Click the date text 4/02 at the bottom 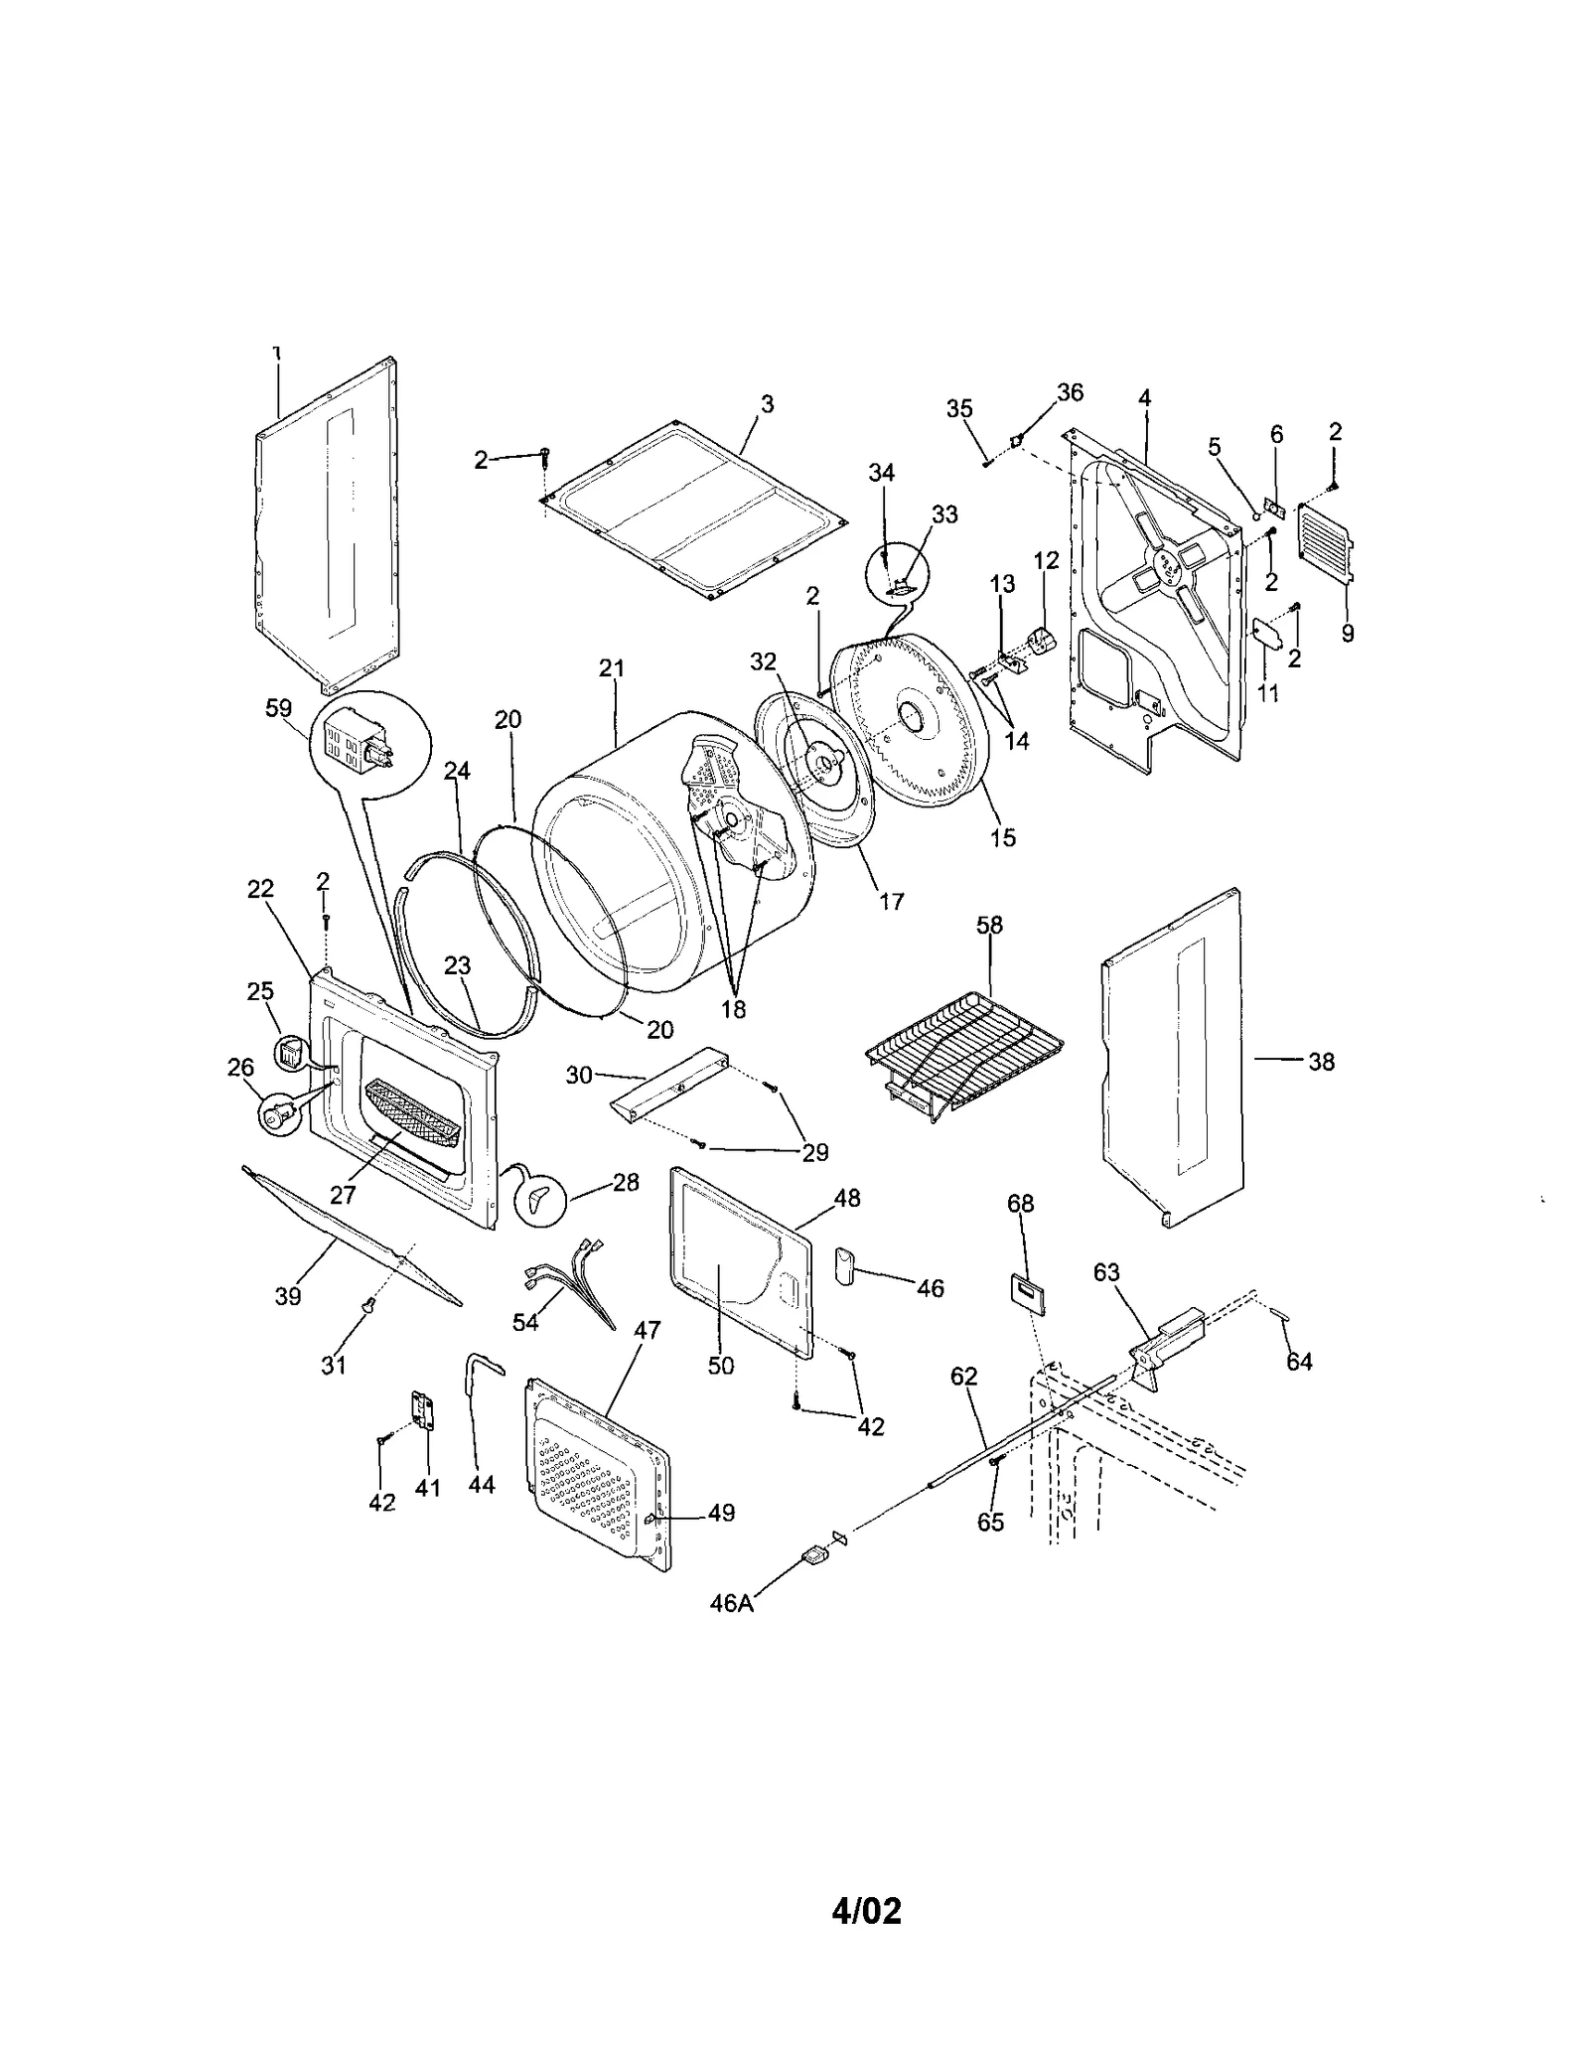click(866, 1910)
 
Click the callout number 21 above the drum click(612, 668)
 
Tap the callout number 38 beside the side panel click(1320, 1061)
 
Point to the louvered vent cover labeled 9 click(1326, 542)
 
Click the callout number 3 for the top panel click(767, 404)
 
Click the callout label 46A click(731, 1603)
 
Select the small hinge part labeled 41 click(424, 1410)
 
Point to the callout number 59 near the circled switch click(278, 708)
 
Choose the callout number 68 click(1020, 1203)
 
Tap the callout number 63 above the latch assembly click(1106, 1272)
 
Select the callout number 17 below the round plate click(891, 901)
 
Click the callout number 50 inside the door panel click(721, 1366)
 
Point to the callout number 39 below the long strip click(288, 1296)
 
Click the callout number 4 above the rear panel click(1144, 398)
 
